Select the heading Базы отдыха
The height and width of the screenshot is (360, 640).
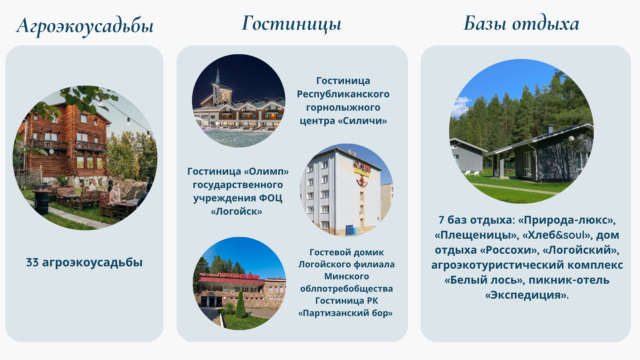point(521,23)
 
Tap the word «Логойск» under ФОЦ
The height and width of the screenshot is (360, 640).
point(237,211)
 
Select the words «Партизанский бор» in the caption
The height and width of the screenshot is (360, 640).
point(345,313)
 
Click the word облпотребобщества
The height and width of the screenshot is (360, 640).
point(347,289)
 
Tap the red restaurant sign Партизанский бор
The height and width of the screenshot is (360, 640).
point(229,276)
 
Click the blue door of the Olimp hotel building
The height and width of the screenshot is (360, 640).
point(349,230)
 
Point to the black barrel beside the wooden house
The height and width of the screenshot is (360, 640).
point(42,202)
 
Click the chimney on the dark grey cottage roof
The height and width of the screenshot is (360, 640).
point(550,129)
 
